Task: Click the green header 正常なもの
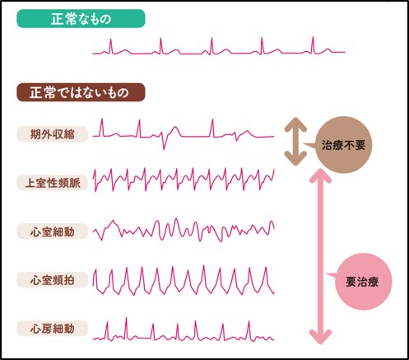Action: pos(81,19)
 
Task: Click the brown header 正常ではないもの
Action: pos(81,92)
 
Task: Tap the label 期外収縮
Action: pos(53,134)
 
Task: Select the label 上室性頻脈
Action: pos(53,183)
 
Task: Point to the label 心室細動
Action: pos(53,231)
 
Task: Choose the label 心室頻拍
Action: pos(53,280)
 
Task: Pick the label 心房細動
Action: pos(53,329)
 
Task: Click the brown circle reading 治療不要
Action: pos(343,145)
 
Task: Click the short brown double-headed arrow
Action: pos(295,142)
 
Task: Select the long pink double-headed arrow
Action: pos(320,256)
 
